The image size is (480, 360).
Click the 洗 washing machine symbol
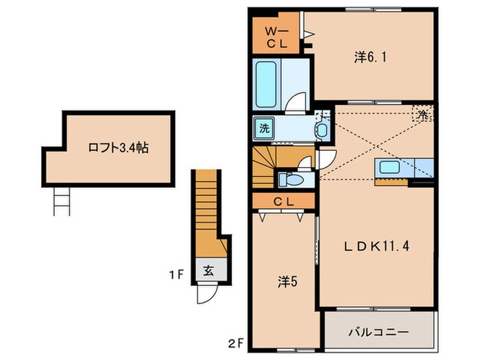pyautogui.click(x=264, y=128)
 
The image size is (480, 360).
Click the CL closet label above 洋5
pyautogui.click(x=283, y=201)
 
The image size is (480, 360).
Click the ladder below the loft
pyautogui.click(x=60, y=202)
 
